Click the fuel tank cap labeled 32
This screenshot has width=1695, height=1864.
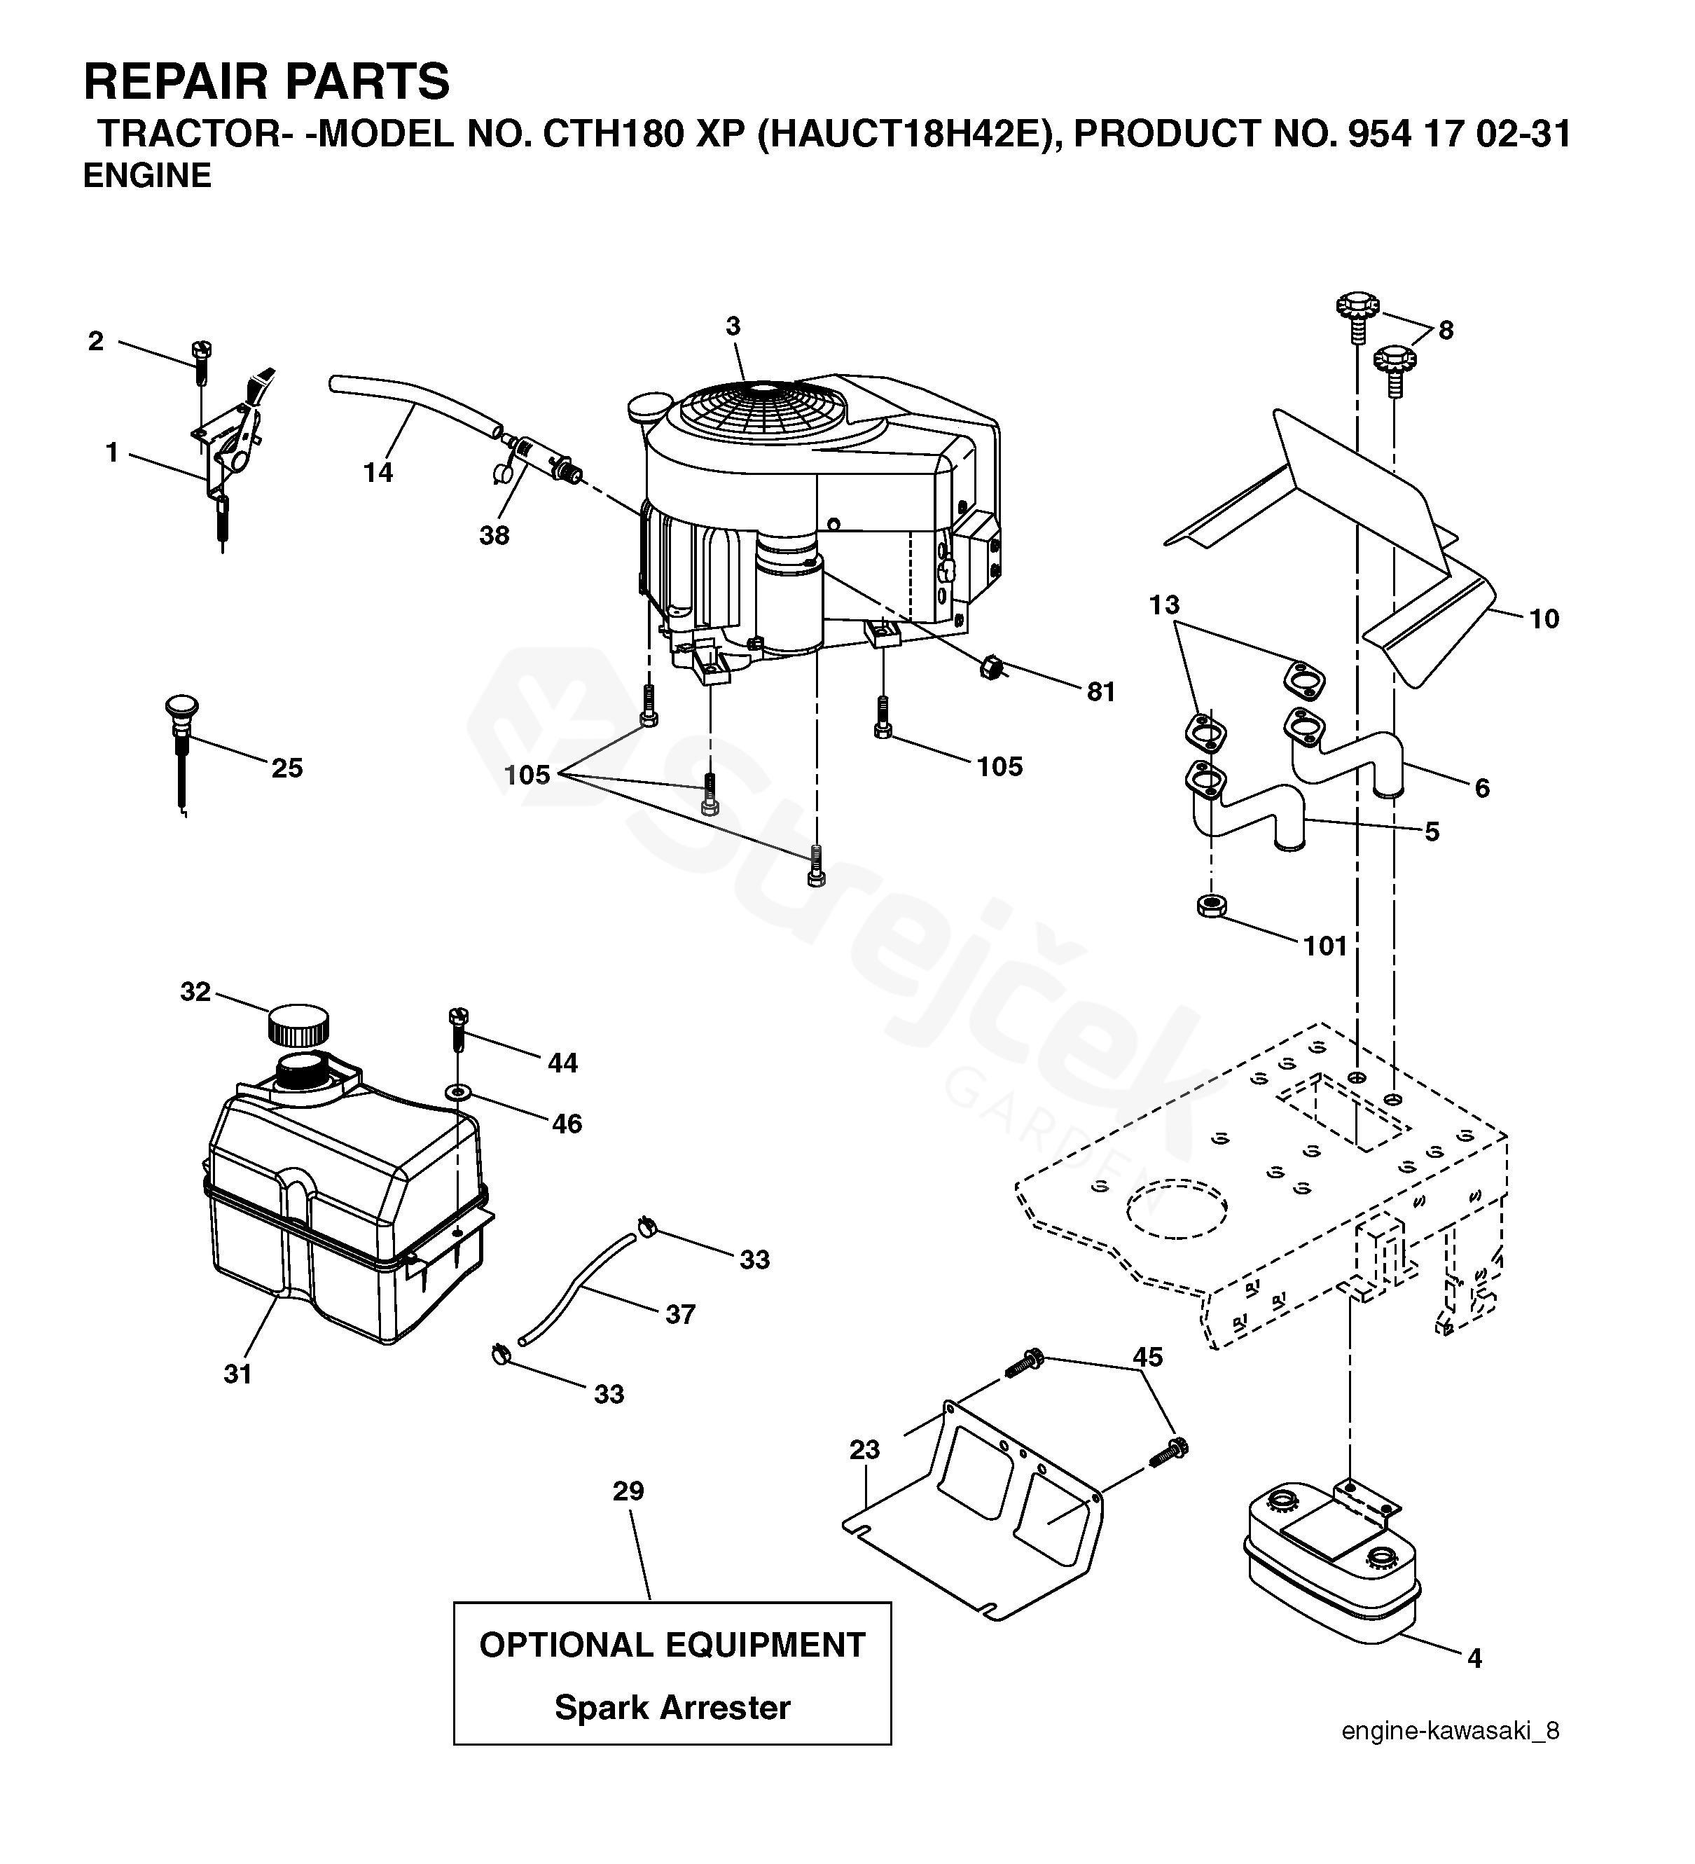(298, 1024)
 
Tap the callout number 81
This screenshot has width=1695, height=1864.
(1100, 691)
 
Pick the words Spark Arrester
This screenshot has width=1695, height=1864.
(672, 1707)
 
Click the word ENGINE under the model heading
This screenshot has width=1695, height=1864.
(147, 176)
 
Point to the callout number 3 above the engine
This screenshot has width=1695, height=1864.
(733, 326)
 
